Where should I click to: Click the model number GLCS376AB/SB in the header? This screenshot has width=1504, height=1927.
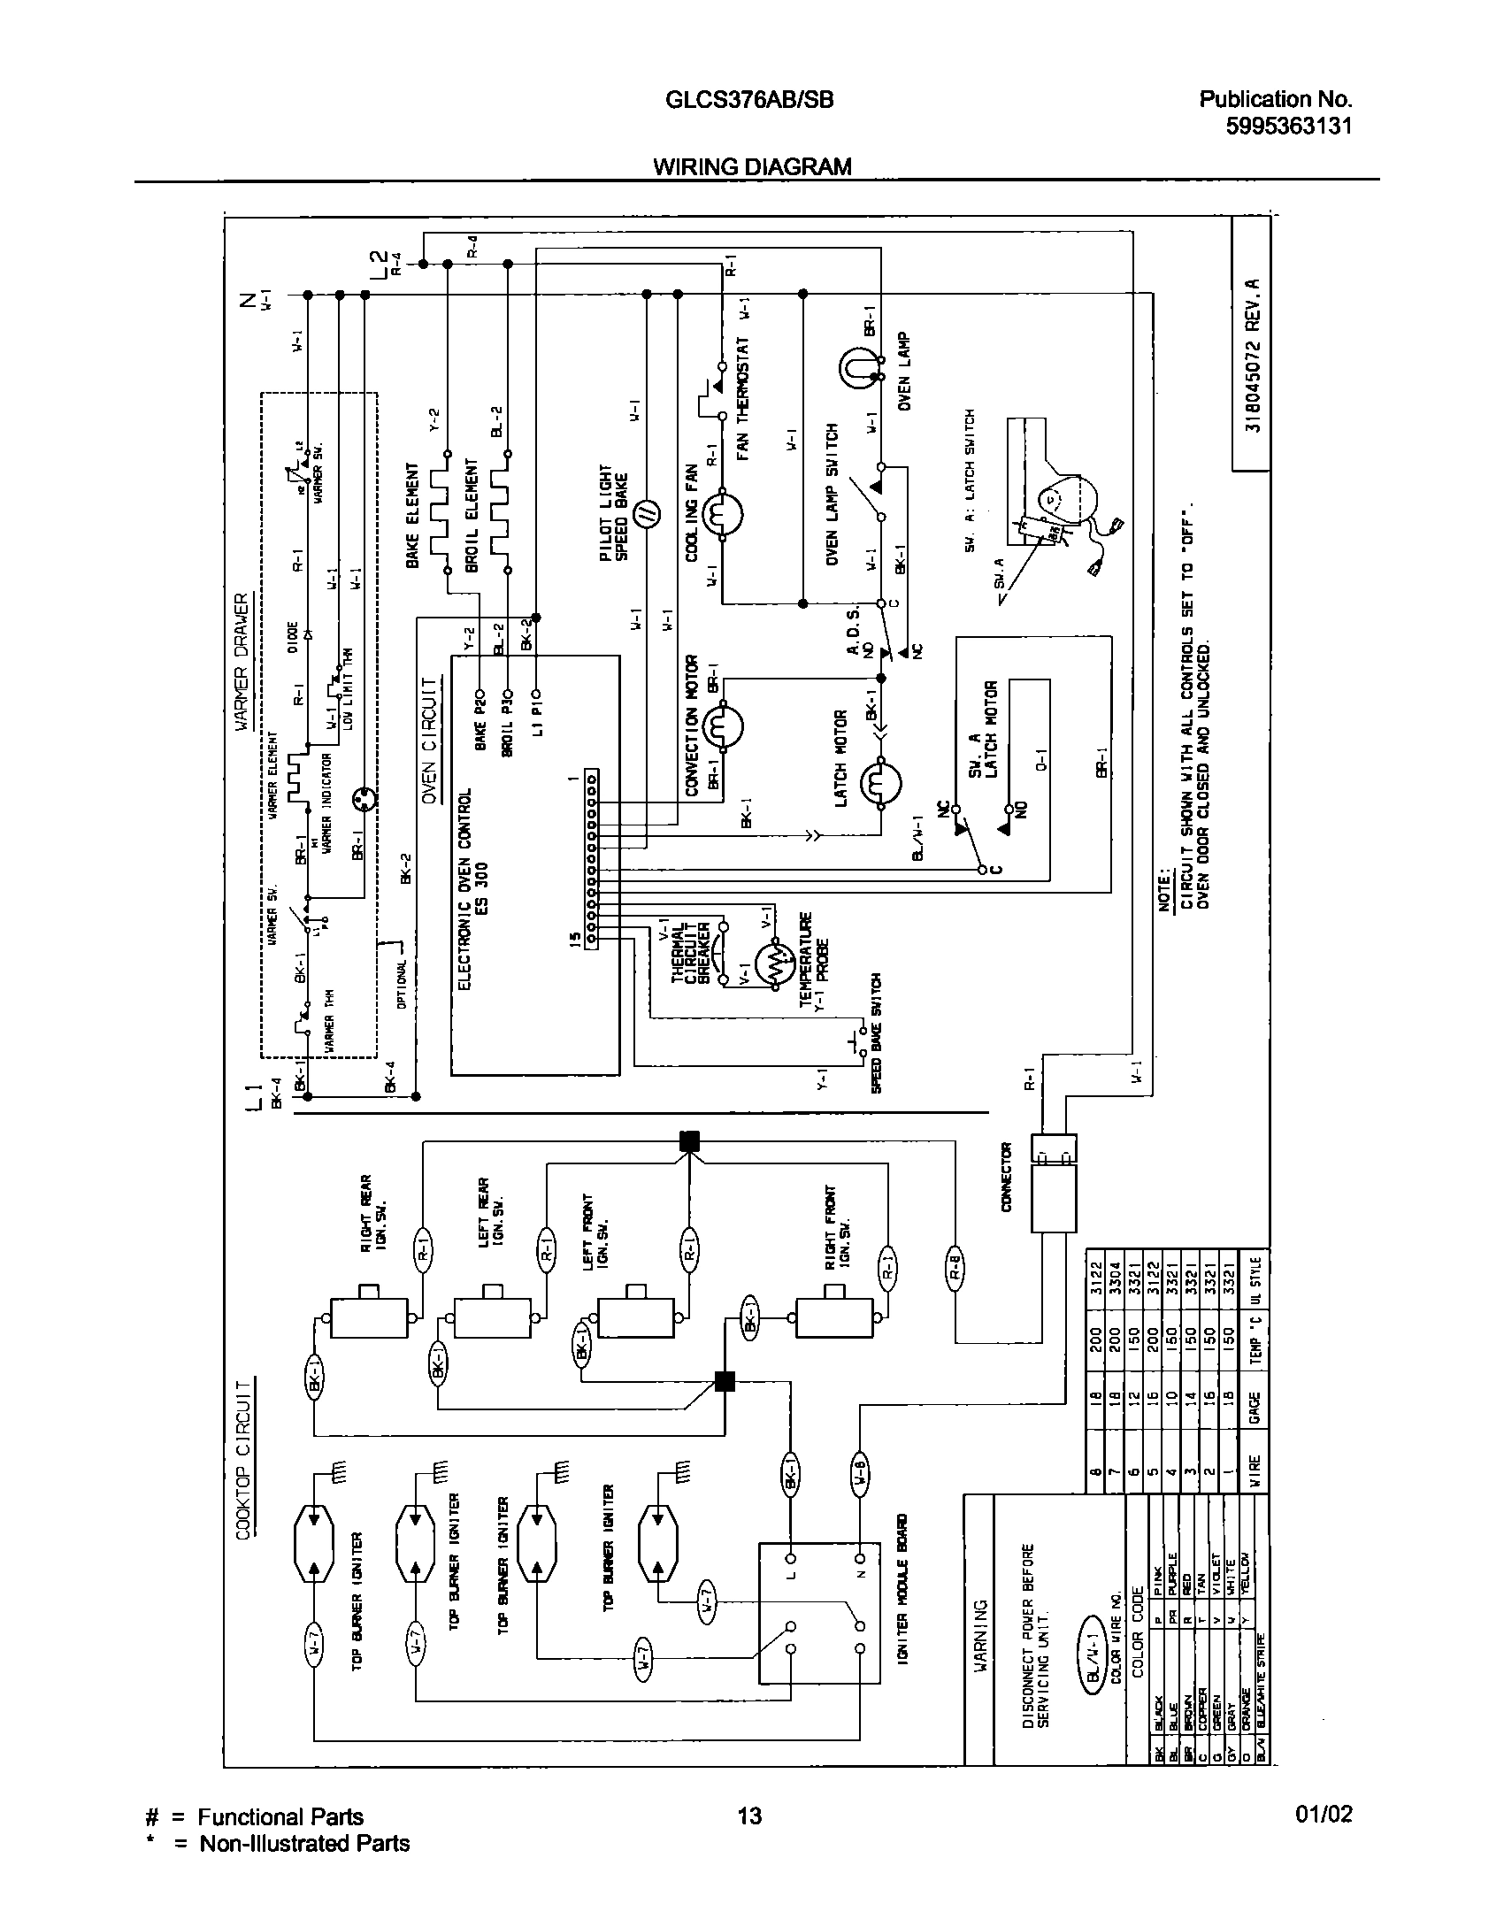748,100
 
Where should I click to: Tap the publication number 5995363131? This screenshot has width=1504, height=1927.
1288,126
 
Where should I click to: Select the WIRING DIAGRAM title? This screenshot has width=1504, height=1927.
752,166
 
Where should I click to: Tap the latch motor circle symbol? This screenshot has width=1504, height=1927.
881,782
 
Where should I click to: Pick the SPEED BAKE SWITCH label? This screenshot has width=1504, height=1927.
877,1032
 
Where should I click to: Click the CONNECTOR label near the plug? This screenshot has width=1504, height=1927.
1006,1177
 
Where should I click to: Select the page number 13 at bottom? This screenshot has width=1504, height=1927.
748,1816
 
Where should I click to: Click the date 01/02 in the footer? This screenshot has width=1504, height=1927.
1324,1815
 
